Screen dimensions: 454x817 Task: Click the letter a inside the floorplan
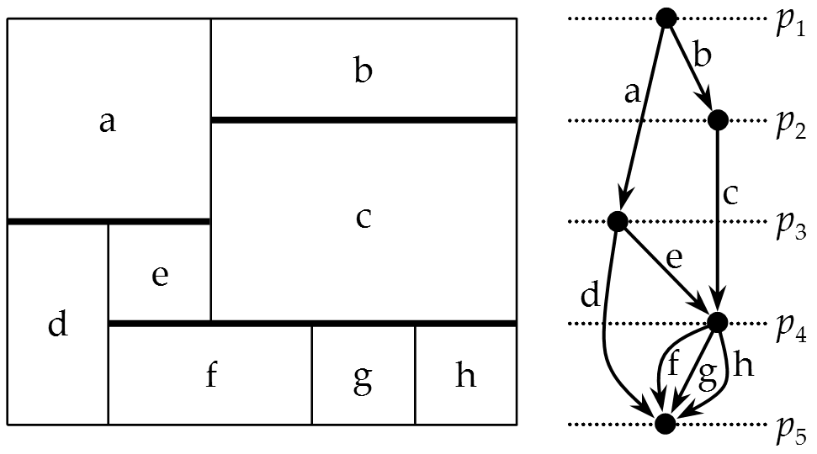107,123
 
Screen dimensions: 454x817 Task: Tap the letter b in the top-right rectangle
363,71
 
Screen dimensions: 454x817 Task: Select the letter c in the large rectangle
363,218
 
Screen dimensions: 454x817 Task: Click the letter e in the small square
160,276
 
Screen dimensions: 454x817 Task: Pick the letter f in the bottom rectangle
211,375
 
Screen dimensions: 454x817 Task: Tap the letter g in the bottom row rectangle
363,378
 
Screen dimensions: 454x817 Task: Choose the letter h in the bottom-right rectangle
464,375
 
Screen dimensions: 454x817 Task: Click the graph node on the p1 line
666,18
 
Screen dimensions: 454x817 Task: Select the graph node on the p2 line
718,120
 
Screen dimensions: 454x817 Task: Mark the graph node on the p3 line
617,222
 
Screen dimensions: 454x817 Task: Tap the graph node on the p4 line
718,322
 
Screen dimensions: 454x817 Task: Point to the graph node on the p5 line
666,424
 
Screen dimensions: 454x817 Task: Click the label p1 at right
789,24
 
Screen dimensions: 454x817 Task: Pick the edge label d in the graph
589,296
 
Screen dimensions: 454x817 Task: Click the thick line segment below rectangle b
363,120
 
